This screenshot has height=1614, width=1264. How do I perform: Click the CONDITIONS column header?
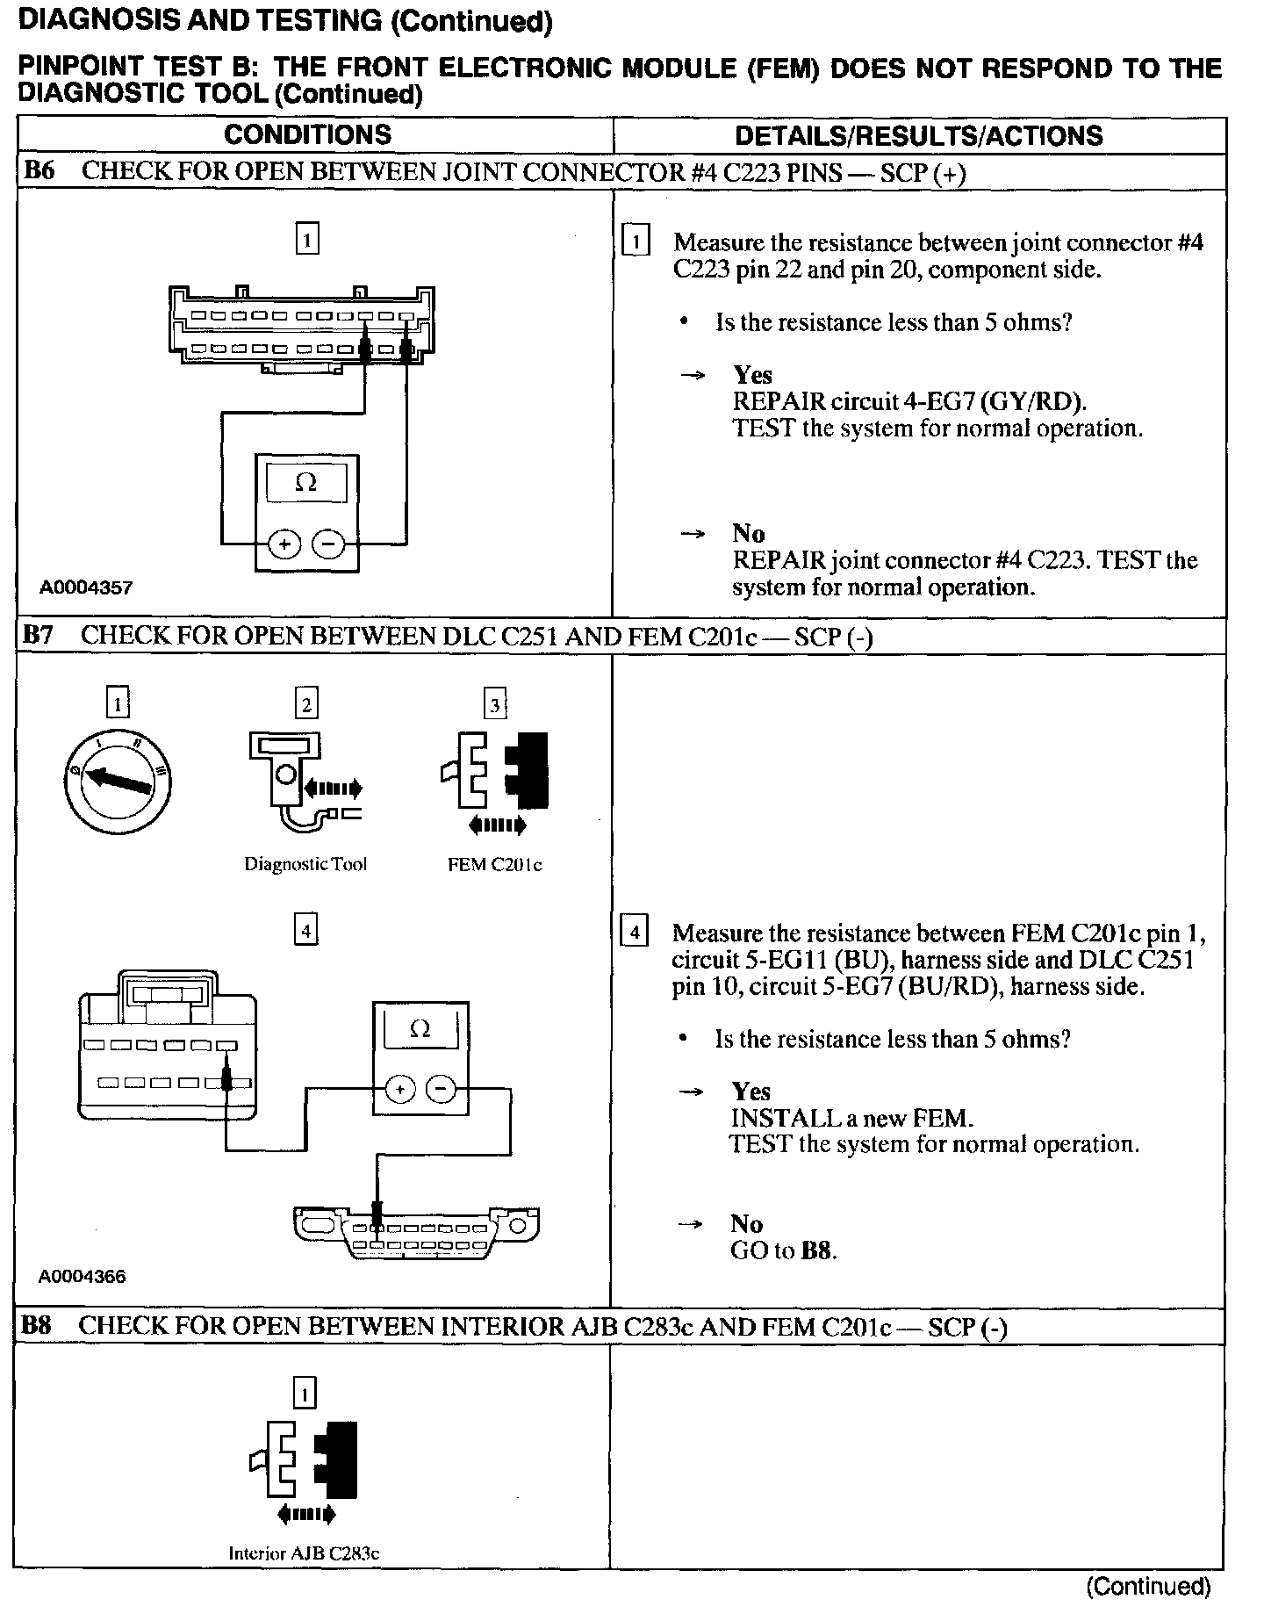click(307, 135)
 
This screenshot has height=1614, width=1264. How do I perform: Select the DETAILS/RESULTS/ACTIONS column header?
click(918, 136)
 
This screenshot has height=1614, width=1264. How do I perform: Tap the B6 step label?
click(39, 170)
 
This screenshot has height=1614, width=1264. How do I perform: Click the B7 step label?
click(39, 635)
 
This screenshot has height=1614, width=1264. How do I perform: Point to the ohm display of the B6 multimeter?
click(306, 482)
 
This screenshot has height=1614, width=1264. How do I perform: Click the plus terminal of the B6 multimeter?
click(284, 544)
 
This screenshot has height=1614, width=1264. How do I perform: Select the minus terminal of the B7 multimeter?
click(441, 1090)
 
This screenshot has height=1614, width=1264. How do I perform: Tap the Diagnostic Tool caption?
click(305, 864)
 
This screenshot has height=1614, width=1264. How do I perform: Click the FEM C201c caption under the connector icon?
click(494, 865)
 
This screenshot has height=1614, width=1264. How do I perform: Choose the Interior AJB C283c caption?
click(304, 1553)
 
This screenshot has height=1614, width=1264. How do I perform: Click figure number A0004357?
click(86, 587)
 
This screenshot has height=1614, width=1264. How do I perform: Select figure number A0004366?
click(83, 1276)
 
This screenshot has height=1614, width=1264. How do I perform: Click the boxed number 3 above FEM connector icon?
click(495, 704)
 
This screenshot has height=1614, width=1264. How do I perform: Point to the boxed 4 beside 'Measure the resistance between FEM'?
click(634, 931)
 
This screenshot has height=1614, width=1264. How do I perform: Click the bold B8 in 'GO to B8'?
click(818, 1250)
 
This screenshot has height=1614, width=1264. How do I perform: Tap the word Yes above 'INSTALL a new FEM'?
click(750, 1092)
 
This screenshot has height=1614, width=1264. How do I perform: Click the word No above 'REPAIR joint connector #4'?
click(748, 533)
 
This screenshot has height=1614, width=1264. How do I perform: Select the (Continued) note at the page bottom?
click(1148, 1586)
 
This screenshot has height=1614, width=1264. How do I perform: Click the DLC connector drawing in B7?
click(415, 1231)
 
